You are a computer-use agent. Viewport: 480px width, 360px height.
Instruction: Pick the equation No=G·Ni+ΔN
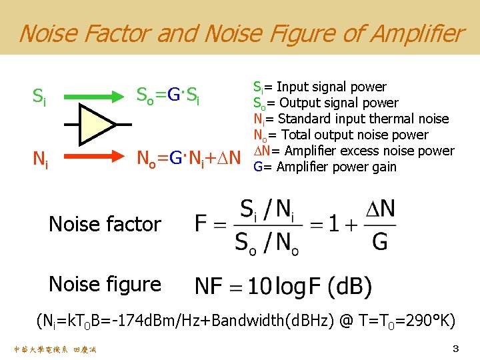(187, 159)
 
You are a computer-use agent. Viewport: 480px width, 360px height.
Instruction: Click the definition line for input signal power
(319, 87)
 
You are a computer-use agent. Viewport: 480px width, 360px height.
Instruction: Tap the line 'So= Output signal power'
(325, 103)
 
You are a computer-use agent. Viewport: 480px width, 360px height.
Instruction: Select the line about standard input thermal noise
(351, 119)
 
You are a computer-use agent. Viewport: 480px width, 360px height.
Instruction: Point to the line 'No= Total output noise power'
(340, 135)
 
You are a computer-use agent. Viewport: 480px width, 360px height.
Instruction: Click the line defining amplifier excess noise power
(353, 151)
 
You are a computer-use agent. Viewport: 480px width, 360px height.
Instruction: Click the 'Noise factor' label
(105, 224)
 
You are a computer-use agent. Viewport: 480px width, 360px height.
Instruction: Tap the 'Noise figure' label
(105, 284)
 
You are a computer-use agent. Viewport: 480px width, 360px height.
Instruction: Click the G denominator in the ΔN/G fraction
(379, 241)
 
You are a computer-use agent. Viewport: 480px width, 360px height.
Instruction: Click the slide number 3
(456, 349)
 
